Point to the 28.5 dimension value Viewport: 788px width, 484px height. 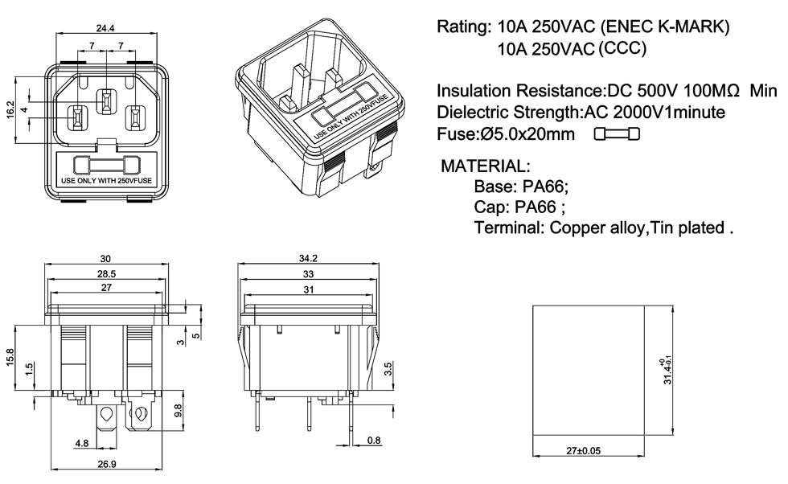coord(106,273)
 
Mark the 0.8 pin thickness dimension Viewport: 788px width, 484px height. coord(374,440)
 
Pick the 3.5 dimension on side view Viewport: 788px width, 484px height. coord(388,371)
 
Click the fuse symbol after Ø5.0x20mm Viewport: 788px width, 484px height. coord(618,134)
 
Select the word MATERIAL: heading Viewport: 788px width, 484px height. coord(486,167)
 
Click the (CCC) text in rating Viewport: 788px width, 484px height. coord(622,48)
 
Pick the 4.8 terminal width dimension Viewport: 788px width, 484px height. coord(82,442)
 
